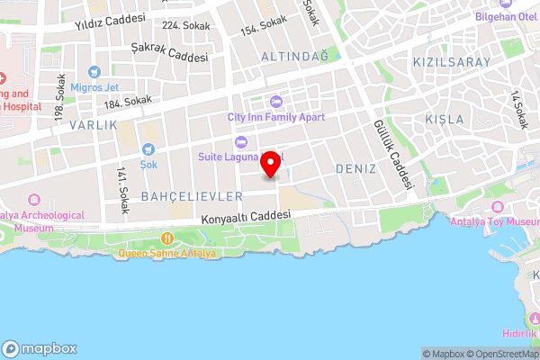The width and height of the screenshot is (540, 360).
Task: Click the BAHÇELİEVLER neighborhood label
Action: [192, 195]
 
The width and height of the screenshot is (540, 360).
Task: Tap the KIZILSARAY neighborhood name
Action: [451, 62]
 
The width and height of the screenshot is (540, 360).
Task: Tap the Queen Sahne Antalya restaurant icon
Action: [167, 238]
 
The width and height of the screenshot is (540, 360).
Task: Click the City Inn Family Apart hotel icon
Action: [275, 101]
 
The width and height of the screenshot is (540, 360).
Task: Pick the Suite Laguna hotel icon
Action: [239, 141]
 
